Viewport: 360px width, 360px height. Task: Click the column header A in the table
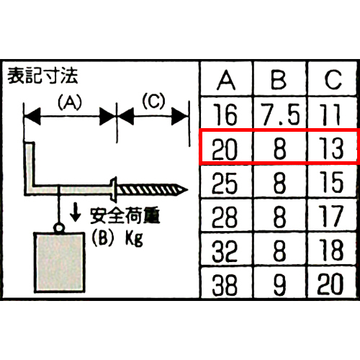pos(226,80)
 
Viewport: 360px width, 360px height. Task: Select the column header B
pos(279,80)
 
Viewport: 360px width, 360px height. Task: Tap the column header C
pos(333,80)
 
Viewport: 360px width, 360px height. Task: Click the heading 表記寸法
pos(42,76)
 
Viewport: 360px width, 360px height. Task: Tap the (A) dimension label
pos(70,102)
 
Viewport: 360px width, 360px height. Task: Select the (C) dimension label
pos(154,101)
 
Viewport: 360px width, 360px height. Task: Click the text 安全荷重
pos(125,215)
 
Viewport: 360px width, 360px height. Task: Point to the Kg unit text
pos(134,238)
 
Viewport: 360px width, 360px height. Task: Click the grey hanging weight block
pos(59,262)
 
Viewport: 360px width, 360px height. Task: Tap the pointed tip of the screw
pos(187,190)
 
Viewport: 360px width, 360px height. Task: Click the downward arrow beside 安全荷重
pos(76,212)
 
